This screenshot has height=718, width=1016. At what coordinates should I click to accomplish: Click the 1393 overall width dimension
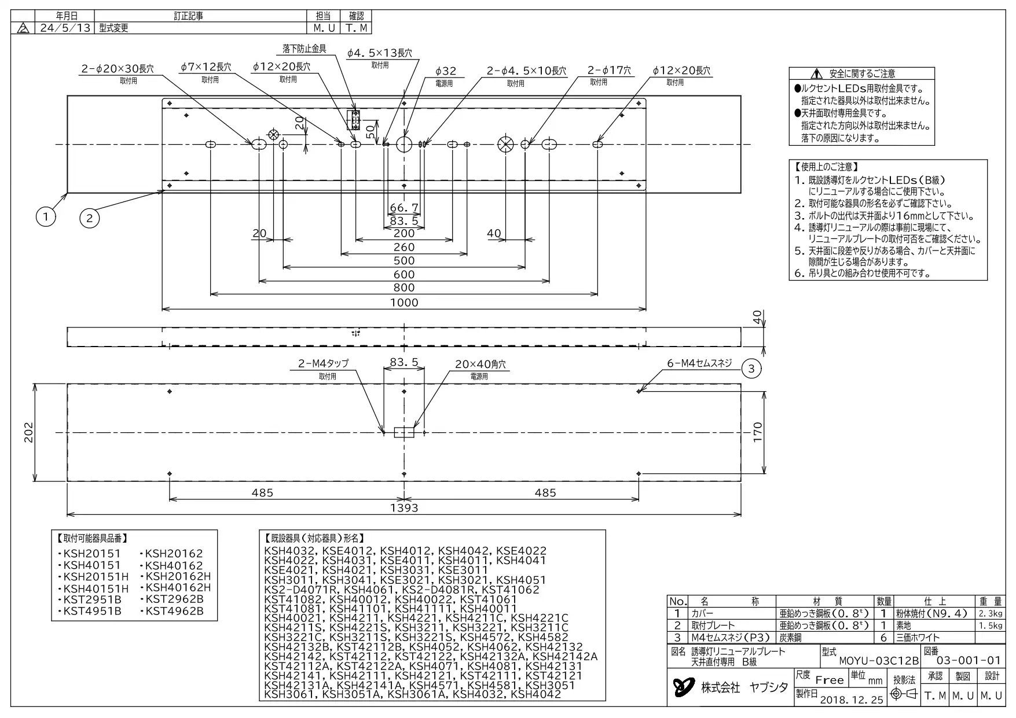[404, 507]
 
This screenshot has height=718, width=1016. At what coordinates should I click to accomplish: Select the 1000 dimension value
[404, 302]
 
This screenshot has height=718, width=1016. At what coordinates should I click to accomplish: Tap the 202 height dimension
[29, 432]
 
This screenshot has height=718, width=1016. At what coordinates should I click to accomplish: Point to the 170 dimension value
[758, 432]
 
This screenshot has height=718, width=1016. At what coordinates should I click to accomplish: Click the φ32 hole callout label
[446, 71]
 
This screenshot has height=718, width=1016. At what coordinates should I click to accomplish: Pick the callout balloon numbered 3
[751, 369]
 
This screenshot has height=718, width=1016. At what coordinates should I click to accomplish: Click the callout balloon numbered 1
[46, 217]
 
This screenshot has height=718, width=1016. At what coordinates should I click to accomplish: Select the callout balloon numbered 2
[89, 218]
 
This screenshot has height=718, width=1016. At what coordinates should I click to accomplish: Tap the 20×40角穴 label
[481, 364]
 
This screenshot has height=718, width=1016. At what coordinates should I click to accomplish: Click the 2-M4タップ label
[323, 363]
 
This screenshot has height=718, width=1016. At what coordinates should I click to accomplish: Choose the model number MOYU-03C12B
[879, 661]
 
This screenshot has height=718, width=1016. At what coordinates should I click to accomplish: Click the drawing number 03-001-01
[969, 660]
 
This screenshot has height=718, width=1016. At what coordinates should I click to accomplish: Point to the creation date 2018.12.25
[852, 699]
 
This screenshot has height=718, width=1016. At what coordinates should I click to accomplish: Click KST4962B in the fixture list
[172, 611]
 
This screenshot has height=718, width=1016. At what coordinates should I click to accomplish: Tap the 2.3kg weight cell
[991, 613]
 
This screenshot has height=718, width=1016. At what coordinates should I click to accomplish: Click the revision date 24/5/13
[66, 28]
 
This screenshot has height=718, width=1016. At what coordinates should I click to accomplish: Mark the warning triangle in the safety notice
[816, 73]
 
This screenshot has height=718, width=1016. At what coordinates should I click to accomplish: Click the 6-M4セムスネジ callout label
[699, 363]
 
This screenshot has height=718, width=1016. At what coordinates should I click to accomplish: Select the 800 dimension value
[404, 288]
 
